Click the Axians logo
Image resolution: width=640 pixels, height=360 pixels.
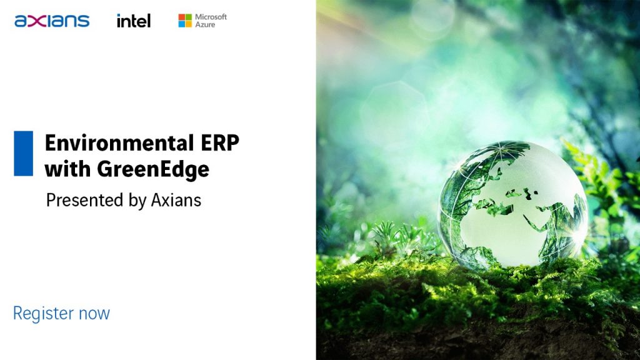point(52,21)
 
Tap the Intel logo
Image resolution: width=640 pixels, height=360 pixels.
point(134,21)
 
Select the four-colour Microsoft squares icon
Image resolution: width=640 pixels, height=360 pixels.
point(185,21)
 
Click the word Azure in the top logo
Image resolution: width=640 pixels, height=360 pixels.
point(205,25)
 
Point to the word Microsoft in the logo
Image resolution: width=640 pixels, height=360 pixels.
point(211,17)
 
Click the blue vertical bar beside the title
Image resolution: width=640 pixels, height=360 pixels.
point(23,154)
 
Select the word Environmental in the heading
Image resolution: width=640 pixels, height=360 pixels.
point(119,143)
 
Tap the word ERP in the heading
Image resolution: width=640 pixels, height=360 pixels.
point(220,143)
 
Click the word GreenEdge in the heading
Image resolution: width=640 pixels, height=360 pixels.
point(153,169)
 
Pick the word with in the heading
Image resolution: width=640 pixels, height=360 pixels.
point(67,169)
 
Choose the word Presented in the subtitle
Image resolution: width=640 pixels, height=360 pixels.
point(84,201)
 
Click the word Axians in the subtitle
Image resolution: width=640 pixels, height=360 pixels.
point(176,201)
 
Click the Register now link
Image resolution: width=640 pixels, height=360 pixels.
point(62,314)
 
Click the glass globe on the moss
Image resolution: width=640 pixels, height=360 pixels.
point(512,205)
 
